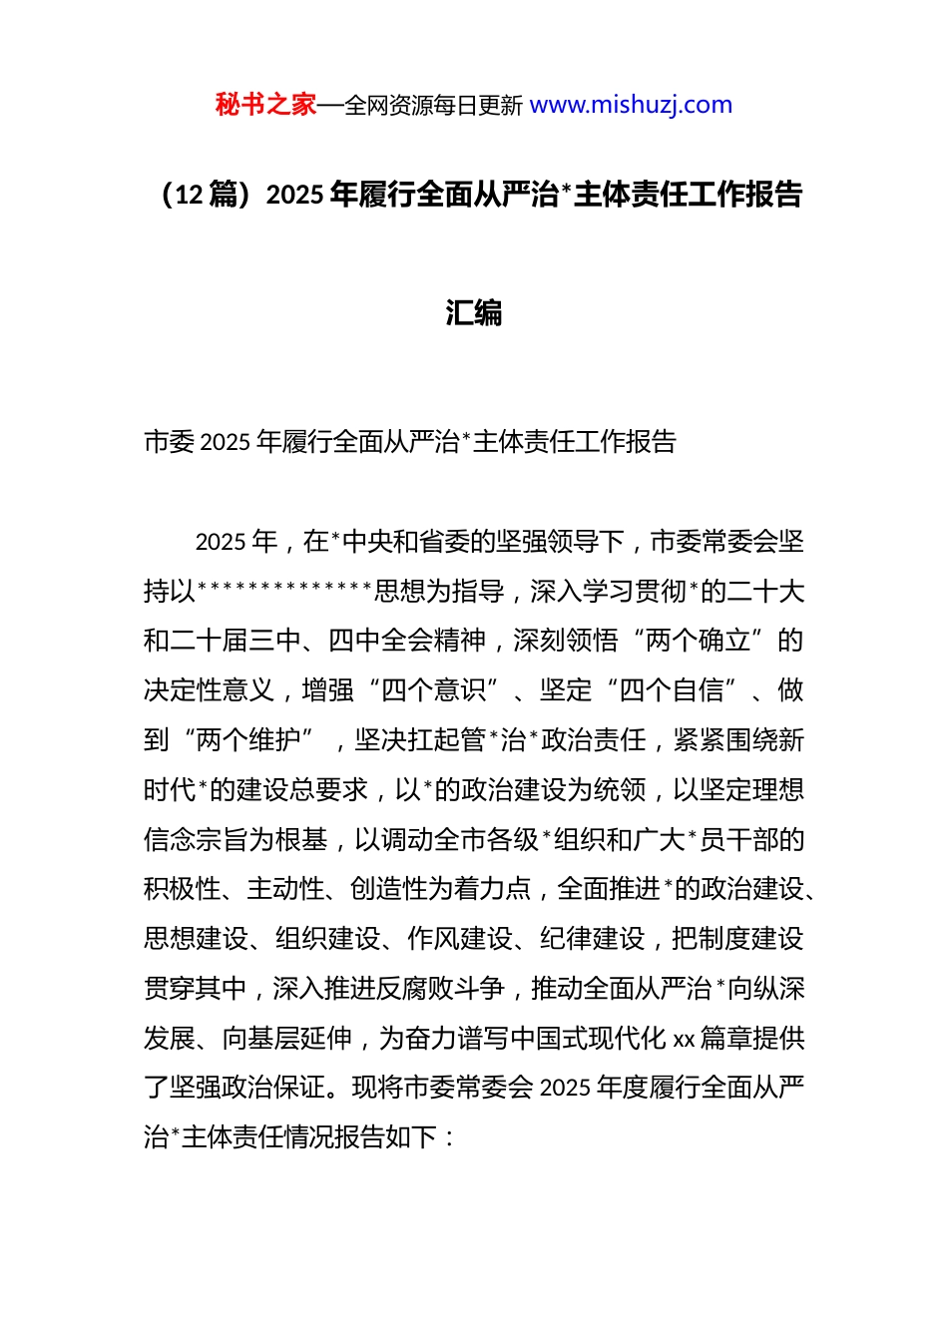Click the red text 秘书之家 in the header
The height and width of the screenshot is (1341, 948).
pyautogui.click(x=265, y=105)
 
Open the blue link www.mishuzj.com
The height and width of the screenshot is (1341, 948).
pyautogui.click(x=631, y=105)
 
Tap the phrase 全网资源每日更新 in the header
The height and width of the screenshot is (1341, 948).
pyautogui.click(x=433, y=106)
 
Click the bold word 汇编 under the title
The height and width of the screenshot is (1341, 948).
pyautogui.click(x=473, y=312)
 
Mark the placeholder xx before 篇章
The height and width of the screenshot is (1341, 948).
pyautogui.click(x=684, y=1039)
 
